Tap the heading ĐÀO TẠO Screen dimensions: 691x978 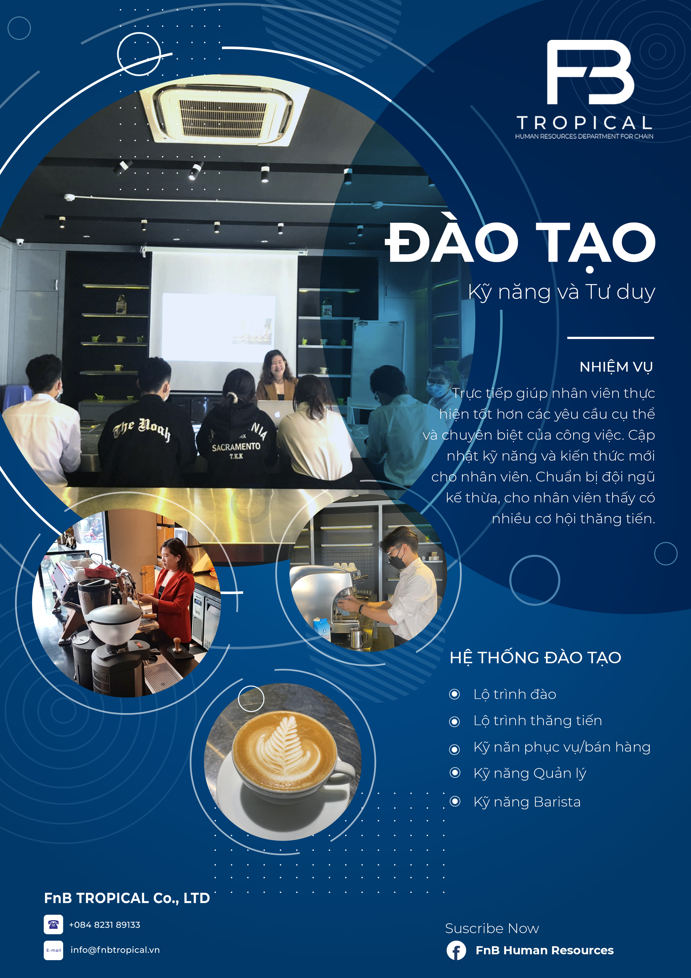point(520,243)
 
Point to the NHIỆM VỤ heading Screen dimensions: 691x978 point(616,367)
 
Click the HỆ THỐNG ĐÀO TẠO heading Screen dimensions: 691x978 point(535,658)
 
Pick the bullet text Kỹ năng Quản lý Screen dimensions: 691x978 point(530,773)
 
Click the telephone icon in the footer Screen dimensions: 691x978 point(53,924)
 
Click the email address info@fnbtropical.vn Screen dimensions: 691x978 point(115,950)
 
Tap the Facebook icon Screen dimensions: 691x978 point(456,950)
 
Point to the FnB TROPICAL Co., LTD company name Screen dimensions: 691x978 point(127,898)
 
